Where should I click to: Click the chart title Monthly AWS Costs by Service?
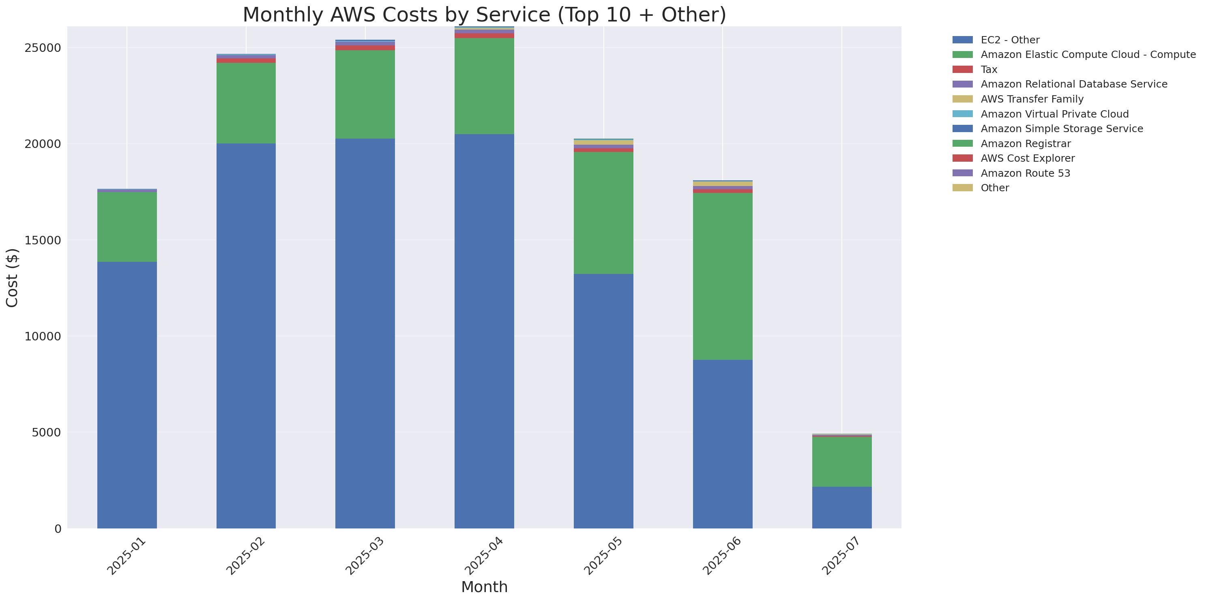tap(484, 15)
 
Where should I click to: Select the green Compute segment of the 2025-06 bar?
tap(722, 276)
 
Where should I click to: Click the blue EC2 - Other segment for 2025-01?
tap(127, 395)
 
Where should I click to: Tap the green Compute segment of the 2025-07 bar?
tap(841, 462)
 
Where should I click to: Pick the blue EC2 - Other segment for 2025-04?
tap(484, 331)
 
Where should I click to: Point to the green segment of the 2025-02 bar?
tap(246, 103)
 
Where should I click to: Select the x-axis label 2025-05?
tap(603, 556)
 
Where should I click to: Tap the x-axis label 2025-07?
tap(841, 556)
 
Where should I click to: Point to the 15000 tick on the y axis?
tap(43, 240)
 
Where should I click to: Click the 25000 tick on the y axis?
tap(43, 48)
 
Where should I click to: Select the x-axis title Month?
tap(484, 587)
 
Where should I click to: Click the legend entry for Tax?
tap(989, 70)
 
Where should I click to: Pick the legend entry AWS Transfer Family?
tap(1032, 99)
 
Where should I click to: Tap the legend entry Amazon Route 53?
tap(1025, 173)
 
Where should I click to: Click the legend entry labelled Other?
tap(994, 188)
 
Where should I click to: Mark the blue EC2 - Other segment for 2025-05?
tap(603, 401)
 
